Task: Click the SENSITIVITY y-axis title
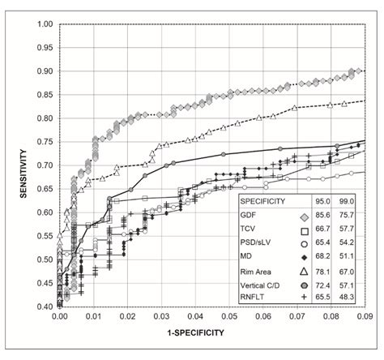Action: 11,167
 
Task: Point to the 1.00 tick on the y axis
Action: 45,24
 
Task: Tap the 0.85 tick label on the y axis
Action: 45,95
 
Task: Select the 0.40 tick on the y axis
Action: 45,306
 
